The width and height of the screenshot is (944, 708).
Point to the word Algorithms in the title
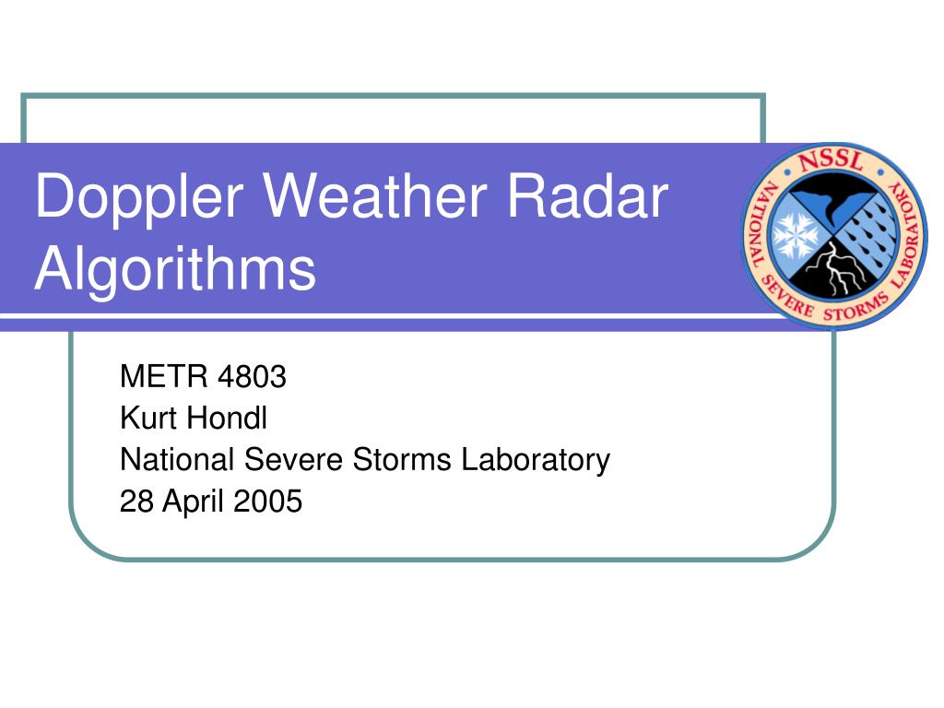(x=175, y=269)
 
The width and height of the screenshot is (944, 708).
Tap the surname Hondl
(x=227, y=418)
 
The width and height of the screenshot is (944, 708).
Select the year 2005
(x=267, y=501)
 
